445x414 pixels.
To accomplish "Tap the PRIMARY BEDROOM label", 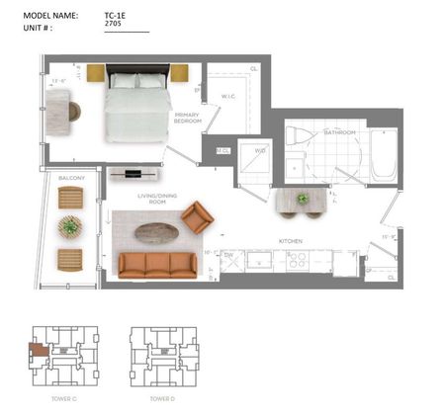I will tap(188, 118).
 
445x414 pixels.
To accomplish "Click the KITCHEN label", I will tap(290, 241).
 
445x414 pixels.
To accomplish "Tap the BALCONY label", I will tap(70, 178).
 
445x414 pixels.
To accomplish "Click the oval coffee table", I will tap(156, 233).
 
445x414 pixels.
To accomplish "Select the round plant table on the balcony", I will tap(70, 227).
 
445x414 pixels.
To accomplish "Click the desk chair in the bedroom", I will tap(73, 109).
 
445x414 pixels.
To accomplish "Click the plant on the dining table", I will tap(303, 198).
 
